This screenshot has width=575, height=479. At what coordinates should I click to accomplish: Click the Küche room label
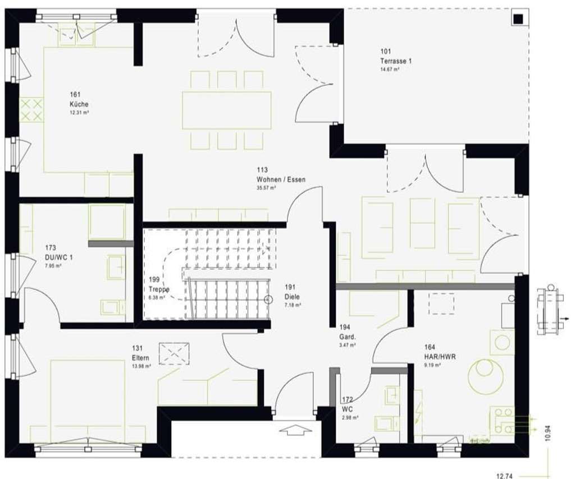tap(79, 104)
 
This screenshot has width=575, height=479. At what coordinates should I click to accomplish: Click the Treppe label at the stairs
tap(159, 289)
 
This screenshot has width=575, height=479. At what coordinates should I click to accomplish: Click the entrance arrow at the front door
tap(295, 431)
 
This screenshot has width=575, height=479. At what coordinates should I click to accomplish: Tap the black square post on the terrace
tap(517, 19)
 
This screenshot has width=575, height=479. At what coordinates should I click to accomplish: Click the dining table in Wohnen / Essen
tap(226, 110)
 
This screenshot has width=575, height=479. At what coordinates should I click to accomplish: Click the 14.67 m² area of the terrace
tap(389, 70)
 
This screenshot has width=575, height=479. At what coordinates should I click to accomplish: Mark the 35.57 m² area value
tap(266, 188)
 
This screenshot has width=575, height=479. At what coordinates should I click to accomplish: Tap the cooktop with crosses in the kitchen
tap(32, 109)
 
